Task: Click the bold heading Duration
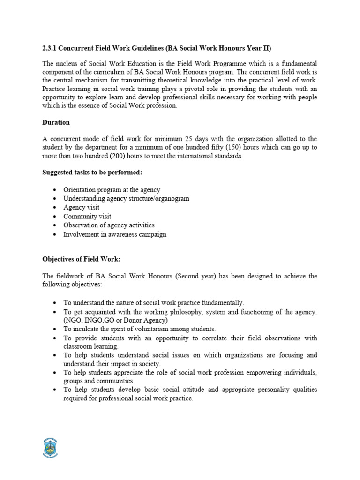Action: (x=56, y=122)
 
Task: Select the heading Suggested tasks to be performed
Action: (x=92, y=172)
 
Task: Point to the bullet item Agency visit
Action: (x=81, y=207)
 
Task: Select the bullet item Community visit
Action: (x=87, y=216)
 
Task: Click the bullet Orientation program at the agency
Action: (x=112, y=189)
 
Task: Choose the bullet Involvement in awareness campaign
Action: (x=115, y=234)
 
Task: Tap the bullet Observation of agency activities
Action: (x=109, y=225)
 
